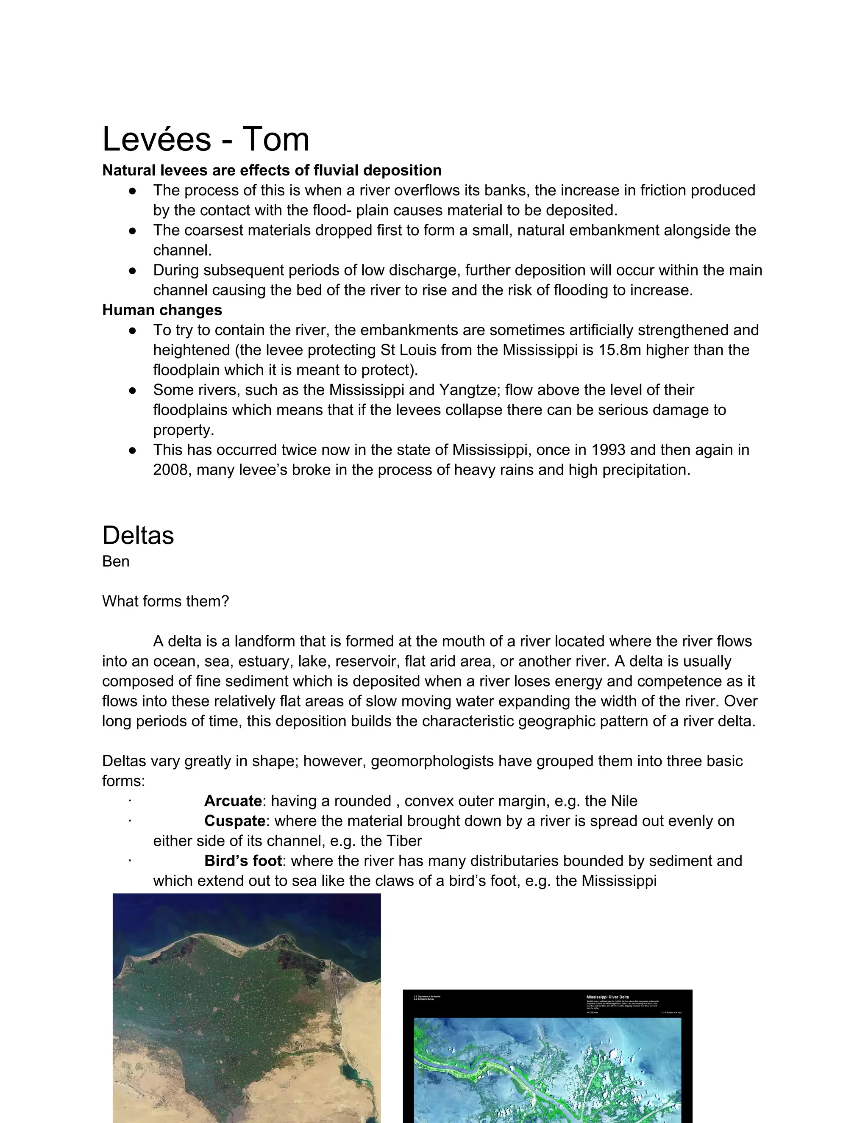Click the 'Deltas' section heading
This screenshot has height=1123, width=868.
(x=138, y=535)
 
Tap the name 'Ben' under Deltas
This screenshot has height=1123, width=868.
(x=116, y=561)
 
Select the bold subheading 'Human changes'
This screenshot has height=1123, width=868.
(x=162, y=310)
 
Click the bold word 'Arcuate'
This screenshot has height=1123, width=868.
(x=233, y=801)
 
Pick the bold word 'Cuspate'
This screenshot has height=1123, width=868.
(x=234, y=821)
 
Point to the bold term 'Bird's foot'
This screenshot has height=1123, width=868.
(x=243, y=861)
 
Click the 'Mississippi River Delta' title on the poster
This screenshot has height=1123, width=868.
(x=607, y=997)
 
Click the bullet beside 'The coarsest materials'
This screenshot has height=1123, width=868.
(x=133, y=231)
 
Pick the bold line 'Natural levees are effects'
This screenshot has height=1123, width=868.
(x=272, y=170)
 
